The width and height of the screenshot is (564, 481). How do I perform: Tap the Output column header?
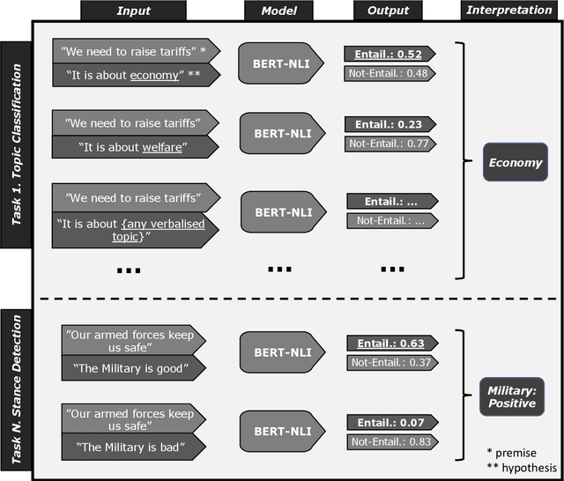tap(389, 11)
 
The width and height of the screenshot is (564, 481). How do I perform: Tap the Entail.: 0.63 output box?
tap(387, 344)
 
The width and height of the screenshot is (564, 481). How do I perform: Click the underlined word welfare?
tap(167, 147)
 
